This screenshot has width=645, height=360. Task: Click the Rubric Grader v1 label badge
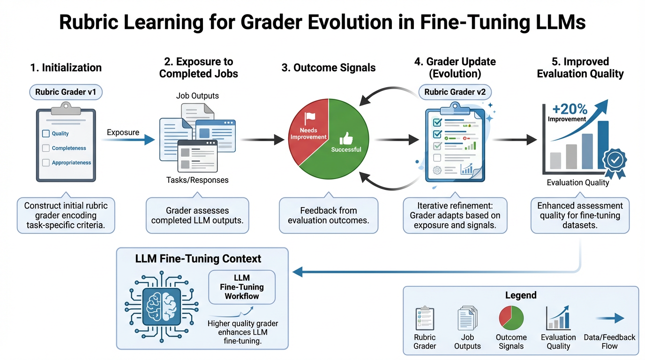click(66, 92)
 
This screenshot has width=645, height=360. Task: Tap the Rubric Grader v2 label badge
click(455, 92)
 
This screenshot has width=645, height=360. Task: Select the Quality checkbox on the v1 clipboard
click(46, 134)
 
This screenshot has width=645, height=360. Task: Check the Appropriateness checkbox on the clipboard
click(46, 163)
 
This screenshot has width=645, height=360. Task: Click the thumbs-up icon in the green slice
click(346, 138)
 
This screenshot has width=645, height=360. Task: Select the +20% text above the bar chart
click(570, 109)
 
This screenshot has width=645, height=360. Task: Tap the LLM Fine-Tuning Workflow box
click(242, 287)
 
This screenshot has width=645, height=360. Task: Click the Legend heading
click(520, 295)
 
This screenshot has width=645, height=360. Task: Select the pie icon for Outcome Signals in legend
click(511, 318)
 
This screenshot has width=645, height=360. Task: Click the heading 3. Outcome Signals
click(328, 67)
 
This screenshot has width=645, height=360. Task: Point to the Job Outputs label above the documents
click(197, 96)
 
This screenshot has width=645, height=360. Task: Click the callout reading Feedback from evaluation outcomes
click(328, 215)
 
